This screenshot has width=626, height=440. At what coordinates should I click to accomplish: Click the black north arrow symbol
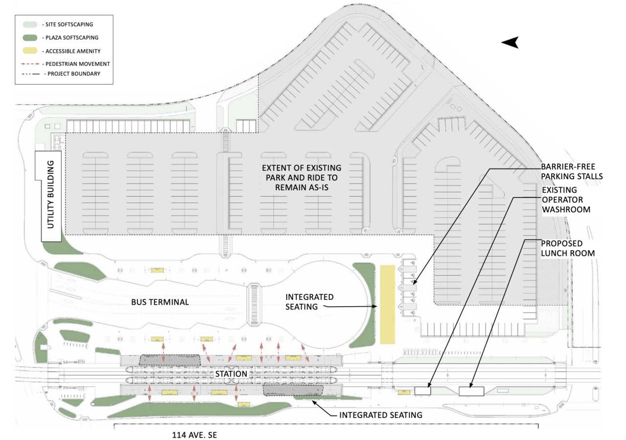pyautogui.click(x=510, y=42)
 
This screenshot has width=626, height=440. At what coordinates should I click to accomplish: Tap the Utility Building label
pyautogui.click(x=50, y=194)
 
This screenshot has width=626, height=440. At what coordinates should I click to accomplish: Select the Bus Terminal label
pyautogui.click(x=160, y=302)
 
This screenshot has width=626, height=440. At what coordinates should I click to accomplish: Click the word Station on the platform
pyautogui.click(x=231, y=374)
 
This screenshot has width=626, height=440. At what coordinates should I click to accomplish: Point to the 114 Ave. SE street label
pyautogui.click(x=195, y=435)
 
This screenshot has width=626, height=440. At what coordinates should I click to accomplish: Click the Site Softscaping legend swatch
pyautogui.click(x=30, y=24)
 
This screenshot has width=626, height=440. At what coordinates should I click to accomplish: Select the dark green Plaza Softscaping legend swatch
pyautogui.click(x=30, y=38)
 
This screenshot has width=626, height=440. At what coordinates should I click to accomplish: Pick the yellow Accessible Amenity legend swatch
pyautogui.click(x=30, y=51)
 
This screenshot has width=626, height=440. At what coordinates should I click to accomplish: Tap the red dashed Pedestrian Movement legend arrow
pyautogui.click(x=30, y=64)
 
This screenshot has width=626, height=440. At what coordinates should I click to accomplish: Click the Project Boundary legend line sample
pyautogui.click(x=31, y=74)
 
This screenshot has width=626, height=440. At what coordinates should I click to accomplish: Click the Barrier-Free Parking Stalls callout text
pyautogui.click(x=572, y=171)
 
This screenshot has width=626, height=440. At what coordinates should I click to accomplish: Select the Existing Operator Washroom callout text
pyautogui.click(x=566, y=200)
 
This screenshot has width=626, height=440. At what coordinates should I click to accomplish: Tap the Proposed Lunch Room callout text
pyautogui.click(x=568, y=248)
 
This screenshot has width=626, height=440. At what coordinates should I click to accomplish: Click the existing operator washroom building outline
pyautogui.click(x=423, y=390)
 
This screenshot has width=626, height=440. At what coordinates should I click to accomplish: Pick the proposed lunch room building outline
pyautogui.click(x=471, y=391)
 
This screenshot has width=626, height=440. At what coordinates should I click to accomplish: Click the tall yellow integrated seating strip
pyautogui.click(x=387, y=304)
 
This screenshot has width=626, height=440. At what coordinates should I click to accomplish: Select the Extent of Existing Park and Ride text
pyautogui.click(x=302, y=177)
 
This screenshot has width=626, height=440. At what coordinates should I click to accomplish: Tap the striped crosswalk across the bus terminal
pyautogui.click(x=254, y=304)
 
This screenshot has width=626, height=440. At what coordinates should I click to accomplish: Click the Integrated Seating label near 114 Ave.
pyautogui.click(x=380, y=415)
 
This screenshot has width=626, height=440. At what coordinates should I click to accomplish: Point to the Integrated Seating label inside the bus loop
pyautogui.click(x=310, y=302)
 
